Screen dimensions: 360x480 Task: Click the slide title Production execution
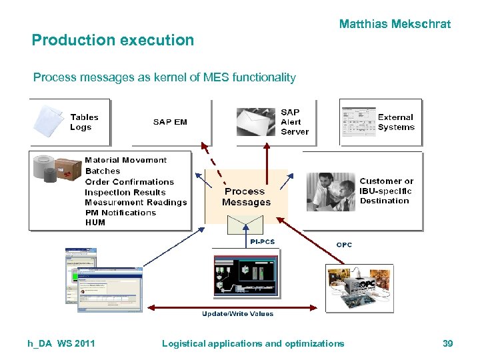click(x=113, y=40)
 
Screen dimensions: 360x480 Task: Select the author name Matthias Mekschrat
click(x=395, y=24)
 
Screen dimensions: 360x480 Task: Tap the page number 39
click(x=447, y=343)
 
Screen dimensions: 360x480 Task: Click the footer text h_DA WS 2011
click(x=61, y=343)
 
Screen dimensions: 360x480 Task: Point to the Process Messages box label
click(x=246, y=197)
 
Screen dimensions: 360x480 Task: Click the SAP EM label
click(x=170, y=122)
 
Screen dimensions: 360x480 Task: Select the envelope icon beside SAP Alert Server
click(x=255, y=122)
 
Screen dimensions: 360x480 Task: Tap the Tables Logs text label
click(x=84, y=122)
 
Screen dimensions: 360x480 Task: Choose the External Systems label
click(x=396, y=122)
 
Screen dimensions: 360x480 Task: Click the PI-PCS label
click(x=262, y=242)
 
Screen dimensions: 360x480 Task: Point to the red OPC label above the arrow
click(x=344, y=245)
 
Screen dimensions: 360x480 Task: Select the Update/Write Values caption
click(x=238, y=314)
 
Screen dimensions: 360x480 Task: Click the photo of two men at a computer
click(x=331, y=191)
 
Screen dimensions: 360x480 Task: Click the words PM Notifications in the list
click(x=120, y=213)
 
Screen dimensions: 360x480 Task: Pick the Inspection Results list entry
click(x=125, y=192)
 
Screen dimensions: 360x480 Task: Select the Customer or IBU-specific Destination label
click(x=386, y=191)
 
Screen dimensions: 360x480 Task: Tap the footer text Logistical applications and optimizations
click(x=253, y=343)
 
